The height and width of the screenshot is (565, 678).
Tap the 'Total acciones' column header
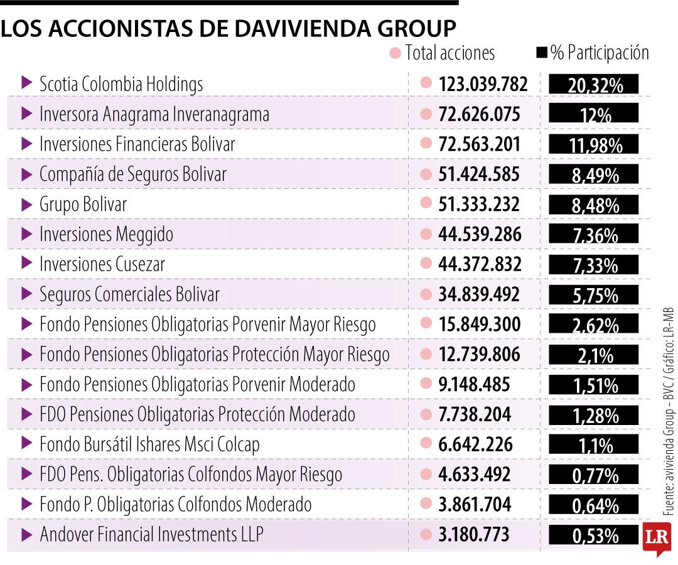click(x=449, y=53)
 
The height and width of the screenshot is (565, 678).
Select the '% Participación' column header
click(x=599, y=53)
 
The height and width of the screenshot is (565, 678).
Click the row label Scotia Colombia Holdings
click(x=121, y=84)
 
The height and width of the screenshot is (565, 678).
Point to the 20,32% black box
click(x=594, y=85)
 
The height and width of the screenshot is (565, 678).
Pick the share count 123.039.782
click(x=483, y=84)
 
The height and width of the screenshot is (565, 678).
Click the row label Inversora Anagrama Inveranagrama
click(x=154, y=114)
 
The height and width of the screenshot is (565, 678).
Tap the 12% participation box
click(x=594, y=114)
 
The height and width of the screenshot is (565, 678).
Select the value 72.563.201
click(x=479, y=144)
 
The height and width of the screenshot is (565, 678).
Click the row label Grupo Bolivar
click(x=83, y=205)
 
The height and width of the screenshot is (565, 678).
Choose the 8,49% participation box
click(x=594, y=175)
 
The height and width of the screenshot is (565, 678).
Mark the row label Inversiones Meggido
click(x=106, y=235)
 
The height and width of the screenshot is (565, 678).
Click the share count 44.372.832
click(x=480, y=264)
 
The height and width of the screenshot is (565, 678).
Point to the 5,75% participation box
click(x=594, y=294)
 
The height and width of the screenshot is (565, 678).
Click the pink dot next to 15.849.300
click(x=426, y=324)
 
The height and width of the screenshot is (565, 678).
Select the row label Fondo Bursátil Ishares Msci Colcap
click(x=149, y=444)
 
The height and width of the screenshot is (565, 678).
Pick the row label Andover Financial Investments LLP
click(x=151, y=535)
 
